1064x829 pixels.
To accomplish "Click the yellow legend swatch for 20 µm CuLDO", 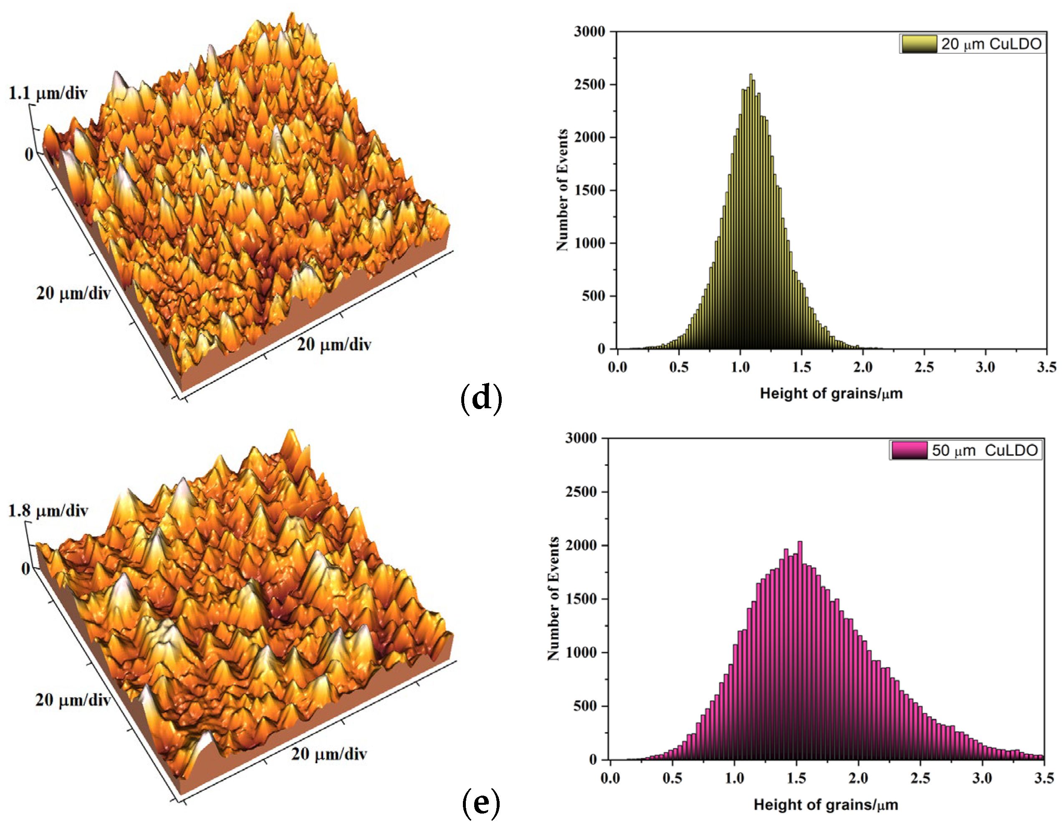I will [x=918, y=44].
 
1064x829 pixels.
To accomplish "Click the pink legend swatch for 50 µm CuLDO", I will [x=909, y=450].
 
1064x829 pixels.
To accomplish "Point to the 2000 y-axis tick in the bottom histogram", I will [x=580, y=546].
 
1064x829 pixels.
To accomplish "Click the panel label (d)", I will [x=480, y=398].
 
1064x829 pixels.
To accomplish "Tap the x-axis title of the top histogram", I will [x=831, y=394].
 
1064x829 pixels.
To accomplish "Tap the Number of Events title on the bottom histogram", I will [x=553, y=599].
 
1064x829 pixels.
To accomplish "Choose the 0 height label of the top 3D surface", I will [x=29, y=154].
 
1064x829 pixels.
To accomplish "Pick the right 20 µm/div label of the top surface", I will [x=334, y=344].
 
